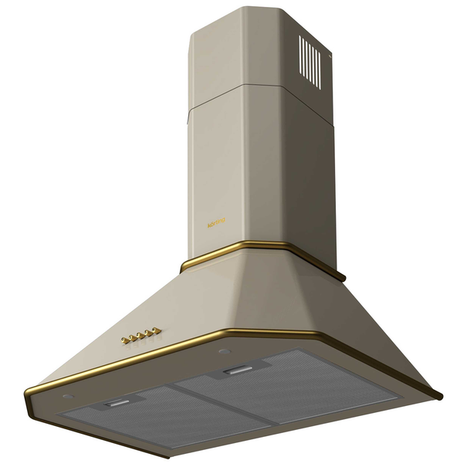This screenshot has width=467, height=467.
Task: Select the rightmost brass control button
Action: (x=157, y=330)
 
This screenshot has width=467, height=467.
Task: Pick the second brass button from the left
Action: (x=133, y=337)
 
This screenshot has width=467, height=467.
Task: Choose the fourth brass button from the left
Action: (x=149, y=333)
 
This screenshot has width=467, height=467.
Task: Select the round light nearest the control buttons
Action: (x=223, y=351)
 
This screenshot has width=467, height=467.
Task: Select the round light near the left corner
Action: (x=68, y=397)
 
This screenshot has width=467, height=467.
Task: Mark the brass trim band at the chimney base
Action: (x=232, y=255)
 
